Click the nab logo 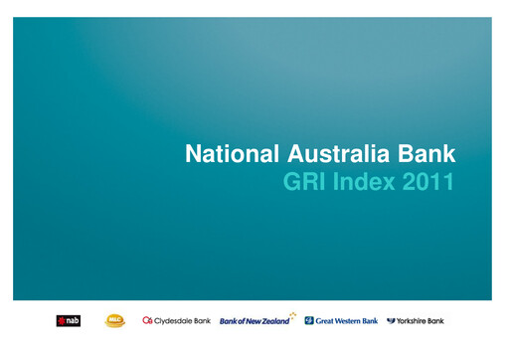coord(69,320)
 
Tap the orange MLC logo coord(115,320)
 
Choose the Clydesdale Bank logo coord(176,320)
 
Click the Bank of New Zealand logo coord(257,320)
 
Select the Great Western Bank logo coord(341,320)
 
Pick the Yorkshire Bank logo coord(416,320)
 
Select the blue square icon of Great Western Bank coord(309,320)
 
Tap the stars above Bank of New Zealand coord(292,314)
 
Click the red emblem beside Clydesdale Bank coord(148,320)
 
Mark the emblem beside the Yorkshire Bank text coord(391,320)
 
